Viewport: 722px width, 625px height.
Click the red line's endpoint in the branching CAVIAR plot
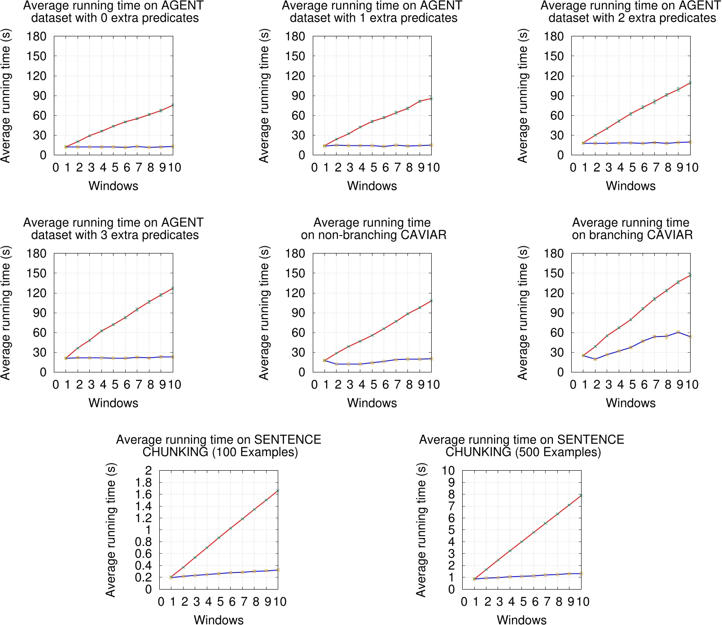[x=690, y=275]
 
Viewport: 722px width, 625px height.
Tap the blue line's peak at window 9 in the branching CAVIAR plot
[x=678, y=332]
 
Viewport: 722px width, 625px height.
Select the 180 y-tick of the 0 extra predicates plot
[x=36, y=36]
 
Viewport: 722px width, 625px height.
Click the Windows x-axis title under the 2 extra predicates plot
[x=630, y=186]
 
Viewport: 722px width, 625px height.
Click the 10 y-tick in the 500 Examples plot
[x=448, y=470]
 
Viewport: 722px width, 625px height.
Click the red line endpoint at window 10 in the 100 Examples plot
[x=278, y=490]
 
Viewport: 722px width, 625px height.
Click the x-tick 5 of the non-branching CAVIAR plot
[x=373, y=385]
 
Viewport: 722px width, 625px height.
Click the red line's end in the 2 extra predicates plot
[x=690, y=83]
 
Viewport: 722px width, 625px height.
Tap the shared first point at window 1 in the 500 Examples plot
[x=474, y=579]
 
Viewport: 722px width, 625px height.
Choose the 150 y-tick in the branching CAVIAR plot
[x=554, y=273]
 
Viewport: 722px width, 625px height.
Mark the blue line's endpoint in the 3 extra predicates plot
[x=173, y=357]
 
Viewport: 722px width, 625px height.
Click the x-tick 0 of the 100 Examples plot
[x=161, y=602]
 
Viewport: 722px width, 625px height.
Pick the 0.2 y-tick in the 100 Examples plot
[x=144, y=577]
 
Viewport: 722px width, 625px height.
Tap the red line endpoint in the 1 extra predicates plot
[x=431, y=98]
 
